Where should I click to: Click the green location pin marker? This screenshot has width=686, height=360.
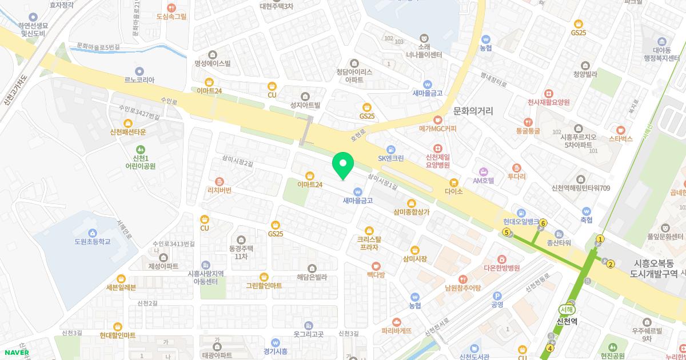(343, 165)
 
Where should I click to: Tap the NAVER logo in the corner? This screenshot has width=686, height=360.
(15, 352)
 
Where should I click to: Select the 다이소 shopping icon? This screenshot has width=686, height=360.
(454, 183)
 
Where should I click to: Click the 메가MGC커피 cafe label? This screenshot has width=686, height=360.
(437, 129)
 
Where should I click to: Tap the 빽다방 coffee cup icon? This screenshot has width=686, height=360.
(376, 266)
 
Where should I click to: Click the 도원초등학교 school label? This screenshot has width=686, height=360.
(92, 242)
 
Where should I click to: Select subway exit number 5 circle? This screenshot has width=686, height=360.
(506, 232)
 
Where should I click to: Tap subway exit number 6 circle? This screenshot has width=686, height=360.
(543, 223)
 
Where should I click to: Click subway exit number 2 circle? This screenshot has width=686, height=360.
(611, 264)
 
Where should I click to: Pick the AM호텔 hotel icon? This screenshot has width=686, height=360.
(483, 171)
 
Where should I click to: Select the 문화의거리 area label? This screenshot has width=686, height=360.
(473, 110)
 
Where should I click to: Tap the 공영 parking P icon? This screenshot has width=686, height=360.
(497, 296)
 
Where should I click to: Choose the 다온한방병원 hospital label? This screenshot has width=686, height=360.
(501, 267)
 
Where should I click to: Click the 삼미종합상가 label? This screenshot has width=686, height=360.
(412, 212)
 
